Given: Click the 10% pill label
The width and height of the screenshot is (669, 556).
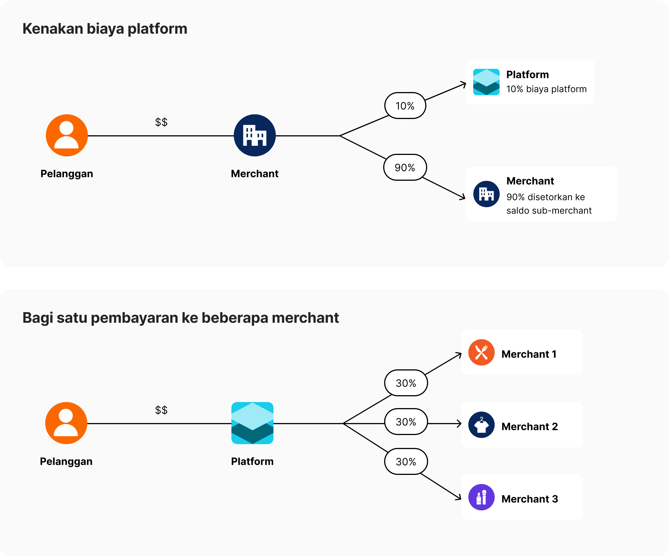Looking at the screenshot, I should [x=405, y=106].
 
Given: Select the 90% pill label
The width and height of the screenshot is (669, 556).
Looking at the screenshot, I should [x=405, y=167].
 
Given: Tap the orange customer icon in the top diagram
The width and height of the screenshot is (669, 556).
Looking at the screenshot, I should [x=66, y=135].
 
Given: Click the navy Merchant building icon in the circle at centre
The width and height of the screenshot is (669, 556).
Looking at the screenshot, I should [x=255, y=135].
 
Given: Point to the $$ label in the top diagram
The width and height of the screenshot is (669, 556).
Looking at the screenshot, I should [x=161, y=122].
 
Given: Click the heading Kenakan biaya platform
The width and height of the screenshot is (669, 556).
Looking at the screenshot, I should [x=105, y=29].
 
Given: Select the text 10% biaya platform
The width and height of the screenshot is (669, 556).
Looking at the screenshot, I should [x=546, y=89].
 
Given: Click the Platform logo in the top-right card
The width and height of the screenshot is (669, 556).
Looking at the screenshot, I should [x=486, y=82].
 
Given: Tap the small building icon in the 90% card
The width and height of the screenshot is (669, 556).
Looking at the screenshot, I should [x=486, y=194].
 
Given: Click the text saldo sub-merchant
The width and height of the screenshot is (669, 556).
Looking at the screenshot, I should [x=549, y=210].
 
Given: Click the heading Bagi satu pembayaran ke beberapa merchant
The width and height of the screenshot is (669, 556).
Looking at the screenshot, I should [x=180, y=317].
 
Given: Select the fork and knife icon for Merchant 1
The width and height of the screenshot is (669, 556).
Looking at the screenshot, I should [x=481, y=352].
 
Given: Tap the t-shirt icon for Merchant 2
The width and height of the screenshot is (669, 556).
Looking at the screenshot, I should [x=481, y=425].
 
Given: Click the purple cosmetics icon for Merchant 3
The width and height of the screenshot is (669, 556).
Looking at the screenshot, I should [x=481, y=497].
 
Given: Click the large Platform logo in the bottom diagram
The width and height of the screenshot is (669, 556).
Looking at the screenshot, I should [x=252, y=423].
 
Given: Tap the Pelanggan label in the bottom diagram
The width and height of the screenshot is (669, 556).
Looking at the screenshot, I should [x=66, y=461].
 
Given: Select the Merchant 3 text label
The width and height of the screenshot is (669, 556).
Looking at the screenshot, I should [x=529, y=499].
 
